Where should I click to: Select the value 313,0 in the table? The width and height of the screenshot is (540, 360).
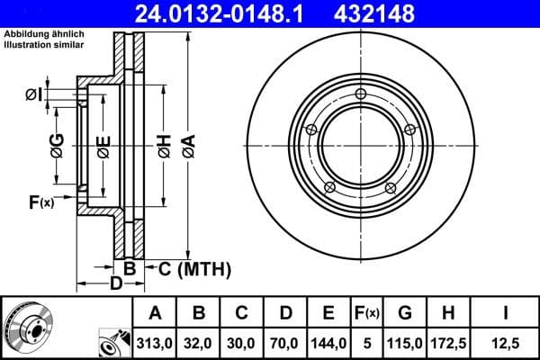coord(156,342)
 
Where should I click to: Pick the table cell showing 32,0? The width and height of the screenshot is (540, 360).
coord(200,342)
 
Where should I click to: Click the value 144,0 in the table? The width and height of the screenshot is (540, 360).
coord(328,342)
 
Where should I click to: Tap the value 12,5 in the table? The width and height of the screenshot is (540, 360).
coord(506,342)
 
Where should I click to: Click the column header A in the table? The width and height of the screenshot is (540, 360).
coord(156,313)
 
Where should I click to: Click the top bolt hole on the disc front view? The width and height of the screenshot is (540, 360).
coord(361,95)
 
